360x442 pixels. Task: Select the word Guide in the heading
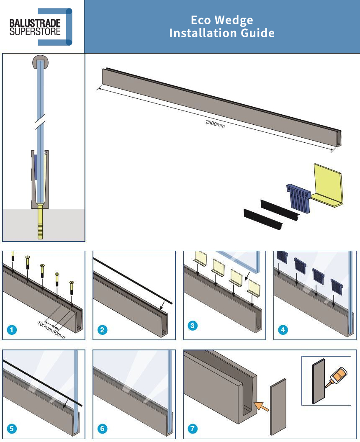[257, 33]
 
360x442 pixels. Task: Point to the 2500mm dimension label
[215, 123]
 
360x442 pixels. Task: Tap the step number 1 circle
[13, 330]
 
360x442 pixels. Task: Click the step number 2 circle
[102, 330]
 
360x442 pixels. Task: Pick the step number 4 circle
[283, 330]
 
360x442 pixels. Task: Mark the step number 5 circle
[13, 429]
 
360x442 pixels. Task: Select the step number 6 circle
[102, 429]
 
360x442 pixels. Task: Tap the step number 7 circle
[193, 429]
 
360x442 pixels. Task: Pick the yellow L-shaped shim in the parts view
[329, 186]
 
